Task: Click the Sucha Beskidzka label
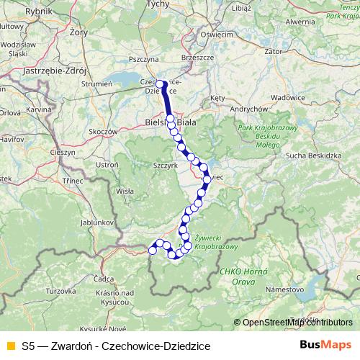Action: (x=312, y=155)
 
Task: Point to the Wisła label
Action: (x=125, y=192)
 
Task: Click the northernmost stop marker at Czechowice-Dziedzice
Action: (x=160, y=84)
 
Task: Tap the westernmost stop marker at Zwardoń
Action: (x=152, y=250)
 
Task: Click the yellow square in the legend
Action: (x=9, y=346)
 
